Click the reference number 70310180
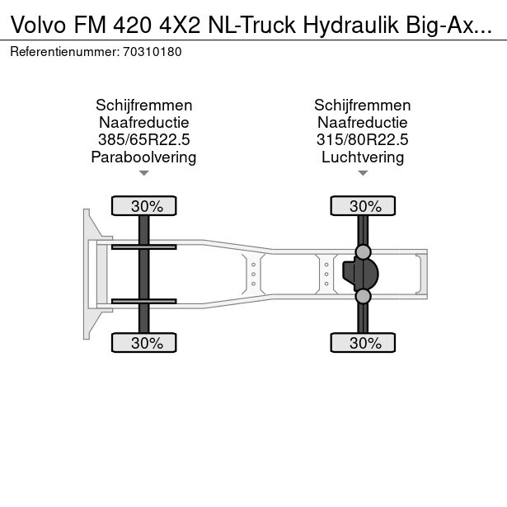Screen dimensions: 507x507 coord(152,52)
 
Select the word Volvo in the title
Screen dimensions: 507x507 coord(38,25)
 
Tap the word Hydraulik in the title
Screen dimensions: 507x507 coord(351,25)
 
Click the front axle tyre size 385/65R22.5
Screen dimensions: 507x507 coord(144,139)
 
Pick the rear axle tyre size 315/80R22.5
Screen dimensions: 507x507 coord(363,139)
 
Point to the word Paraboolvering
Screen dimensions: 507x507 coord(144,157)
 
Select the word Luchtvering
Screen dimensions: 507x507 coord(363,157)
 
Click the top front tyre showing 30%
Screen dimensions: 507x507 coord(144,205)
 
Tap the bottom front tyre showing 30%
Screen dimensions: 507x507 coord(144,343)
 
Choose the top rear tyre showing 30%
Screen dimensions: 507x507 coord(363,205)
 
